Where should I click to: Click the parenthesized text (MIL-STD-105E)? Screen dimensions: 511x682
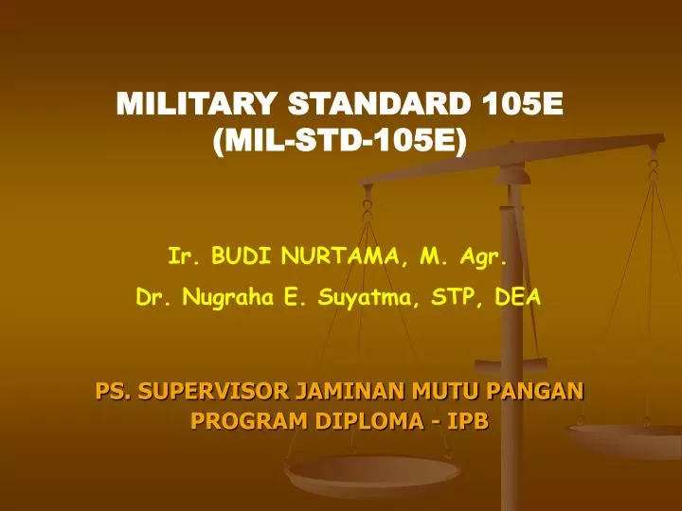pyautogui.click(x=341, y=143)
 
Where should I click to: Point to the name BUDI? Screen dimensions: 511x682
pyautogui.click(x=240, y=255)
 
